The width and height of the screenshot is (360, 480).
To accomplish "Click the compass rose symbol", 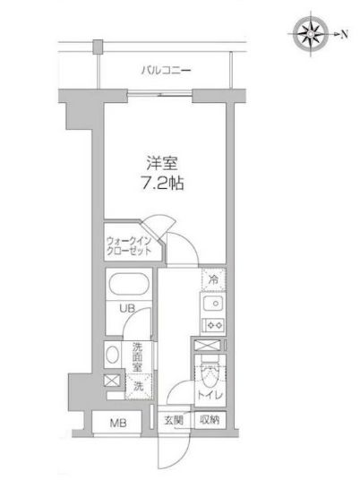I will pos(313,34).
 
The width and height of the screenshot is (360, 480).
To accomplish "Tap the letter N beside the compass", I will pos(344,34).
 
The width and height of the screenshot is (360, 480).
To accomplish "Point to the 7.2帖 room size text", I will pos(164,184).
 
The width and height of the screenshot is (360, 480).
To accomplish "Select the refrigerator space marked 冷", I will pos(212,279).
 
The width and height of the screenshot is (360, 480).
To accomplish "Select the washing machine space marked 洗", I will pos(138,387).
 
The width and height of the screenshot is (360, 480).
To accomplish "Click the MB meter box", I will pos(117,423).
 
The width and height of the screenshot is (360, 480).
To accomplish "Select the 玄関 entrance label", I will pos(173,419).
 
